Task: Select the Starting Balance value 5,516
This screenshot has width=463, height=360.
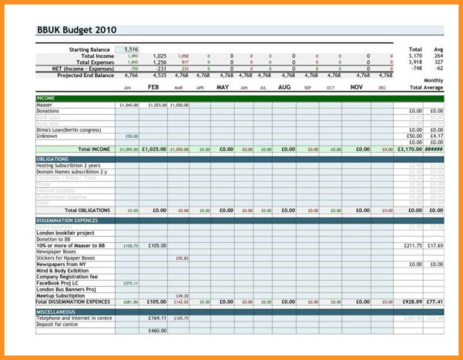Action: click(x=130, y=49)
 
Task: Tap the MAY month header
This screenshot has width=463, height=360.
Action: click(x=223, y=88)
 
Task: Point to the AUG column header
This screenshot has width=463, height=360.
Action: click(x=284, y=88)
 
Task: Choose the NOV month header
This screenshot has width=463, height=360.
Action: click(x=357, y=88)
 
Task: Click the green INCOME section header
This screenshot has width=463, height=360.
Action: click(x=46, y=99)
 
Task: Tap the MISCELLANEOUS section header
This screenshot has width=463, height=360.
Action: click(x=57, y=311)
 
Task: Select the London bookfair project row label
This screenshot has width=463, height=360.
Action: click(x=65, y=233)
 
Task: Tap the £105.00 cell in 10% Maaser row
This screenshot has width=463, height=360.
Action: click(x=157, y=246)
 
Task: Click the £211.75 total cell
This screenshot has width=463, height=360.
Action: click(x=413, y=246)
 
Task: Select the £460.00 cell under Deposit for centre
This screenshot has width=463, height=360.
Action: click(x=158, y=331)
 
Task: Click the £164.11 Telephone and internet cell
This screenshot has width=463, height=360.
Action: click(x=158, y=318)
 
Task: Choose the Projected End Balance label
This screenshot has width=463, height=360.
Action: click(x=85, y=75)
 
